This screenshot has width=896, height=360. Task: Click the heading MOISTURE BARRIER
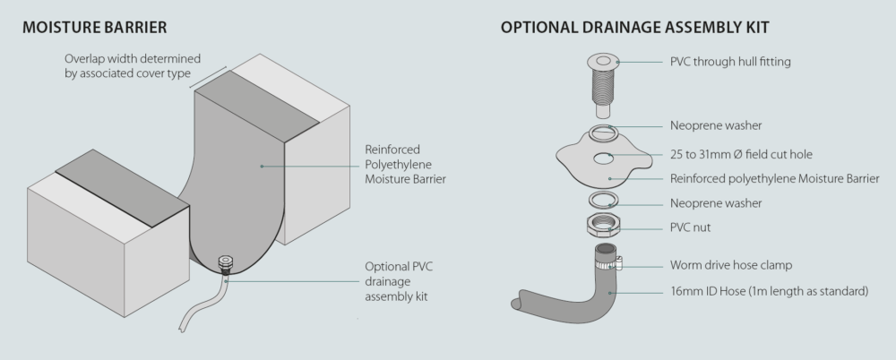93,26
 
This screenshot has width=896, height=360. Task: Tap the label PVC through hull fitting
731,62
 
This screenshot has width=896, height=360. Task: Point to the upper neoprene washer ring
603,133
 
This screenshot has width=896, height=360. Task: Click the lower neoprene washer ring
604,200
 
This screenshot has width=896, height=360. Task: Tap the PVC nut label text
690,227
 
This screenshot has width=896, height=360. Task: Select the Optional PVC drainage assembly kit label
400,280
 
